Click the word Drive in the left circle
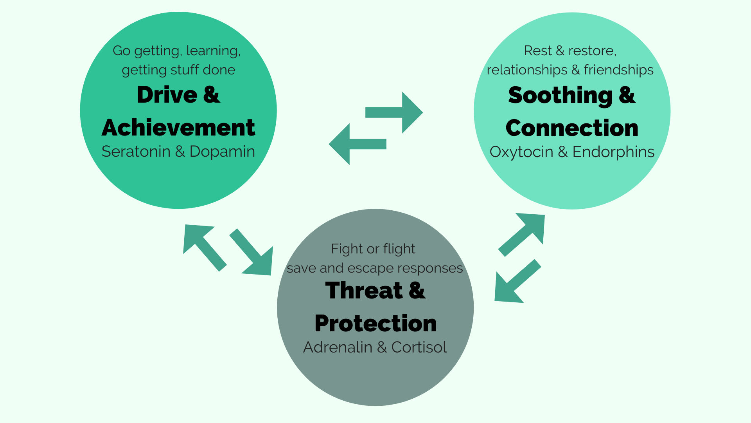point(167,95)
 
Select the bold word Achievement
point(178,128)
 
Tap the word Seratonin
point(136,152)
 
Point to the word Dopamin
point(222,152)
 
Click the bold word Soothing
point(560,96)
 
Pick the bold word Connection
point(572,128)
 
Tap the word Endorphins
point(613,152)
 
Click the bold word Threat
point(364,291)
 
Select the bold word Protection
point(375,324)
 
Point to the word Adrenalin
point(338,347)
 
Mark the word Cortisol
point(419,347)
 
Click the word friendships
point(618,70)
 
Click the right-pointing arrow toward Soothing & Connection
point(394,112)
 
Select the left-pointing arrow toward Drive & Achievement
point(358,144)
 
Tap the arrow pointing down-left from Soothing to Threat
point(517,281)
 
